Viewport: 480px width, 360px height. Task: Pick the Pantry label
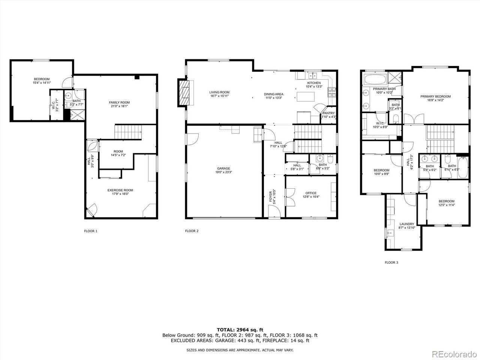[x=328, y=113]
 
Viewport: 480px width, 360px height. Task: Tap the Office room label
[x=310, y=193]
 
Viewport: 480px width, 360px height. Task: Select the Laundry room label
[x=406, y=224]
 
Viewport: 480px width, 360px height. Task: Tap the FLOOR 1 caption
[x=90, y=231]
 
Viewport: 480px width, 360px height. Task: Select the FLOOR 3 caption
[x=391, y=262]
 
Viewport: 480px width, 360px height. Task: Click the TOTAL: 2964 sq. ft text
[x=240, y=329]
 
